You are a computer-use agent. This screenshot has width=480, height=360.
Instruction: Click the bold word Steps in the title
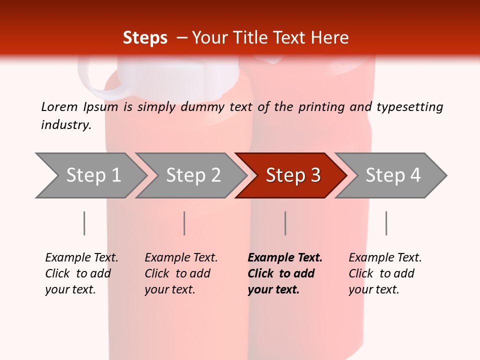click(x=145, y=38)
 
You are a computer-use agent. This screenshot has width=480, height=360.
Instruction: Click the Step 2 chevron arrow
click(x=190, y=175)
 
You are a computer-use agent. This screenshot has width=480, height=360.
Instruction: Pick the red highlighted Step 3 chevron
click(x=290, y=175)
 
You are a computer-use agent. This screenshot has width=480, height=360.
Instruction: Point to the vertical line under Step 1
click(x=84, y=223)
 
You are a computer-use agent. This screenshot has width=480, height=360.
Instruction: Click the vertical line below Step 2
click(x=184, y=223)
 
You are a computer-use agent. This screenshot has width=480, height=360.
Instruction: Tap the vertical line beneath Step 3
click(x=285, y=223)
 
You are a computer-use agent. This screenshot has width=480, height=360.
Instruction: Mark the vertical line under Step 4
click(x=386, y=223)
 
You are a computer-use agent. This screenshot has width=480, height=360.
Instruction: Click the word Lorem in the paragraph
click(x=59, y=106)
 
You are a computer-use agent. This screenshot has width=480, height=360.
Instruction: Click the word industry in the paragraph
click(x=65, y=125)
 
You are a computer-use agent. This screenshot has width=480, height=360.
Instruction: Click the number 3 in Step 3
click(x=315, y=175)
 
